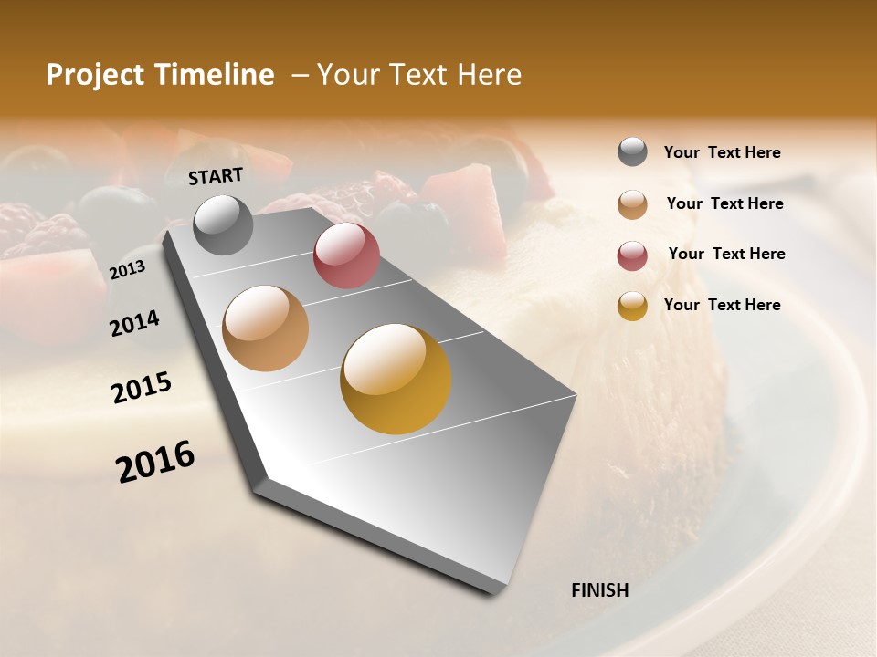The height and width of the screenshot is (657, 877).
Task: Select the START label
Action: coord(216,176)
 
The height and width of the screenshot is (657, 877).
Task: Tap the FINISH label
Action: coord(599,590)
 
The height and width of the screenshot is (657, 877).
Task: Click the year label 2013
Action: coord(127,270)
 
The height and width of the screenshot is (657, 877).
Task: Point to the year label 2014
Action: coord(134,323)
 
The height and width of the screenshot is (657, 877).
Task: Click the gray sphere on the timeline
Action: coord(223,224)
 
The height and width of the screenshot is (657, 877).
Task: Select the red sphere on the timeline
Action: coord(346,255)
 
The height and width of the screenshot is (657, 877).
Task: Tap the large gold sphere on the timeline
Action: coord(396,379)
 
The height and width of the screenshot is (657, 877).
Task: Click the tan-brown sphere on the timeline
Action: coord(266,328)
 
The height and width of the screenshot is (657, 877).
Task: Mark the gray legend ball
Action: coord(632,151)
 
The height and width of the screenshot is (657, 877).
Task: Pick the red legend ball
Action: coord(632,256)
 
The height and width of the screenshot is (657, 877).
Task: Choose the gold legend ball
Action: coord(632,307)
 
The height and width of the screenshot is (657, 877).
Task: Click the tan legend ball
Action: coord(632,204)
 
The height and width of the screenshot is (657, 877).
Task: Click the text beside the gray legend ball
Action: coord(722,153)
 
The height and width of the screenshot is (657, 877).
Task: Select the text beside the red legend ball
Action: coord(726,254)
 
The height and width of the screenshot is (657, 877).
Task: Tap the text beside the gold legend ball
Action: coord(722,305)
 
